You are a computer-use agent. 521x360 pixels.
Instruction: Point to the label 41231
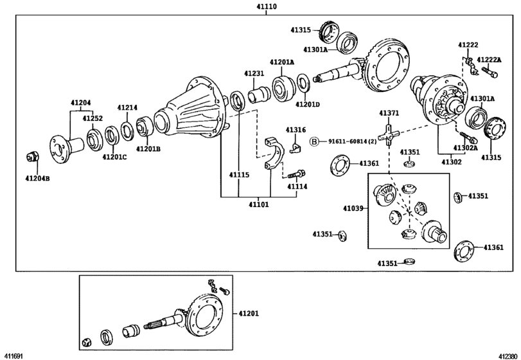click(253, 73)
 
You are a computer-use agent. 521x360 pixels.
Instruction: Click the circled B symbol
click(315, 141)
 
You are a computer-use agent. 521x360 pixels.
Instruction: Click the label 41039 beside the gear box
click(353, 208)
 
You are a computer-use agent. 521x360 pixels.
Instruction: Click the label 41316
click(296, 130)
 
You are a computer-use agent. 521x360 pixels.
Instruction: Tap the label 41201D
click(307, 104)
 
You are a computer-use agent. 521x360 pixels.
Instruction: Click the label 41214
click(127, 107)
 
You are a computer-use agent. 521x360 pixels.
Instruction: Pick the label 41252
click(93, 118)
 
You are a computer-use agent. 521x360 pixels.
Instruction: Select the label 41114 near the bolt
click(297, 186)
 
